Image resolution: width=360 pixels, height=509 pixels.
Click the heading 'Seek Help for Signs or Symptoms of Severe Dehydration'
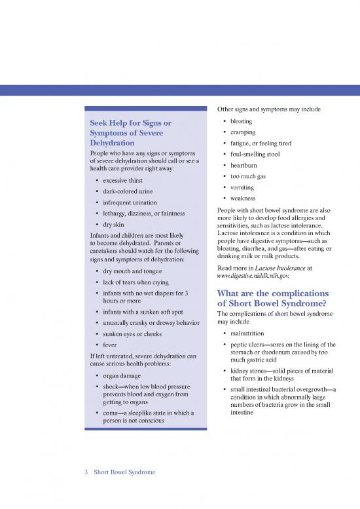[130, 133]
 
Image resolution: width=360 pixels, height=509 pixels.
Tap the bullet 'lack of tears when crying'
[137, 282]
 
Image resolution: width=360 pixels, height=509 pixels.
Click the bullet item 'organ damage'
[122, 376]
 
